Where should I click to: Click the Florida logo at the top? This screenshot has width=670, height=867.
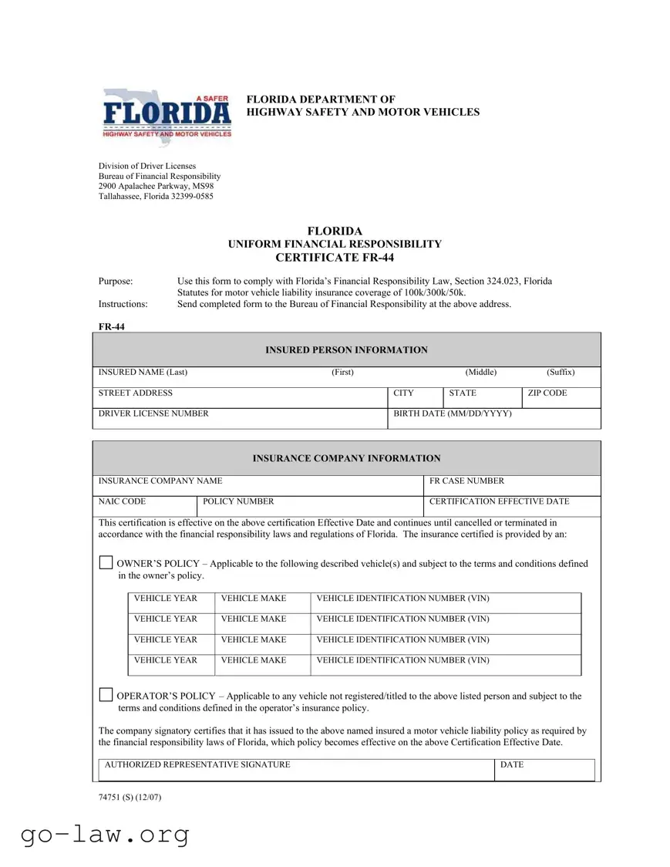tap(167, 113)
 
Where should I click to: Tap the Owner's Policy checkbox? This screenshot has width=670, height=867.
tap(106, 563)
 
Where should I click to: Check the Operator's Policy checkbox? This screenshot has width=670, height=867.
tap(106, 695)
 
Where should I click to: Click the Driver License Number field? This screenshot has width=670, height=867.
tap(240, 418)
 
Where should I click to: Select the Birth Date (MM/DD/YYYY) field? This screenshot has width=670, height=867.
tap(494, 418)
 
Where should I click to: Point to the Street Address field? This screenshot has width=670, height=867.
tap(240, 397)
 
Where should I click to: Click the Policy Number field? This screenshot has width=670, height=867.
tap(310, 506)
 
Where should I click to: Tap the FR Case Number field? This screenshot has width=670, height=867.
tap(512, 485)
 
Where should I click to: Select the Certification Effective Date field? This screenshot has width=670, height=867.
tap(512, 506)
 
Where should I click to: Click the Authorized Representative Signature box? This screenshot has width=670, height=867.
tap(296, 770)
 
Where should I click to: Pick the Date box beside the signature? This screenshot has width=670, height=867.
tap(544, 770)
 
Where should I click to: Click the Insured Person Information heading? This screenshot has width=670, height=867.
tap(346, 350)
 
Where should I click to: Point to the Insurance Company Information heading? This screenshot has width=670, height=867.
tap(346, 458)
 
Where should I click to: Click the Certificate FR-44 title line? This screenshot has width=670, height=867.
tap(335, 258)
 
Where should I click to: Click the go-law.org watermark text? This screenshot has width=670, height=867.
tap(105, 834)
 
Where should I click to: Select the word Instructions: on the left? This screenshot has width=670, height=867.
tap(123, 304)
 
